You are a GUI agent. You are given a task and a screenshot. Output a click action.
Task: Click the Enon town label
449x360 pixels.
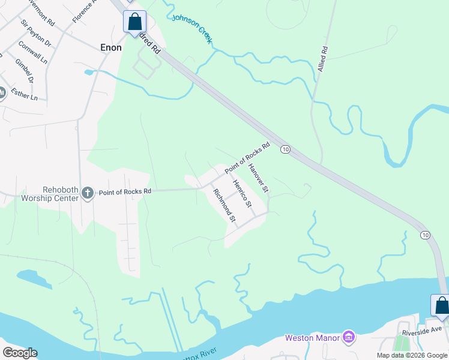tap(110, 47)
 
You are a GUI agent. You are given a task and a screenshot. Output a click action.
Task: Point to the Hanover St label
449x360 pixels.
tap(258, 179)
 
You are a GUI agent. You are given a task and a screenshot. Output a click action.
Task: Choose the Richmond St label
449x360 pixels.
tap(224, 205)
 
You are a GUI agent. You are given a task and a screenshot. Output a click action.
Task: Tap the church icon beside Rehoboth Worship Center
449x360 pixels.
tap(88, 193)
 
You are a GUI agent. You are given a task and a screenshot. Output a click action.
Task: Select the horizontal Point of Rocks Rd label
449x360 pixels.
tap(125, 192)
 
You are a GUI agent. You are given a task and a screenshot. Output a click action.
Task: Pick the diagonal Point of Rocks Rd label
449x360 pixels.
tap(247, 158)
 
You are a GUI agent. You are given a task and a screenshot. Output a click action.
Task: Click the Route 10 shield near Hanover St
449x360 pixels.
tap(286, 149)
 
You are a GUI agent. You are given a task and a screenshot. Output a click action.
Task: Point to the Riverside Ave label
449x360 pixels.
tap(422, 329)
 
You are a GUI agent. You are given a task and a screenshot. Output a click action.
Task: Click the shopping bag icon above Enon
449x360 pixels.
tap(135, 22)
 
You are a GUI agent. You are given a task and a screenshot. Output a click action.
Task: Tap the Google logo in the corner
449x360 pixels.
tap(20, 353)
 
